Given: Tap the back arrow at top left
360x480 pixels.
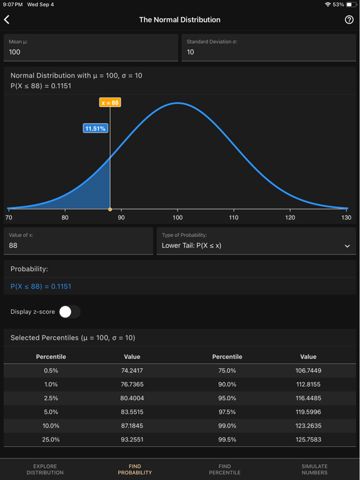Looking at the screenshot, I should click(x=7, y=20).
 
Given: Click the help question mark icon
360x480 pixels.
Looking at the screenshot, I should click(x=349, y=20).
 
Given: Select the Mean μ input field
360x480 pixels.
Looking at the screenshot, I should click(x=91, y=48).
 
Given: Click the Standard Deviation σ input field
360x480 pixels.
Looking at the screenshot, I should click(x=269, y=48).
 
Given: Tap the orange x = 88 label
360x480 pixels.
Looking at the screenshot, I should click(x=110, y=102).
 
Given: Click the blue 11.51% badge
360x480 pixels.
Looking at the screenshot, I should click(x=96, y=128).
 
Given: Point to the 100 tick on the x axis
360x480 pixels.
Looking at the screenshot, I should click(x=177, y=217).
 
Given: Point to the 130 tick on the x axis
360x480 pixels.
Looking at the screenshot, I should click(x=346, y=217).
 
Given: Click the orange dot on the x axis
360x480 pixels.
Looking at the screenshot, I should click(x=110, y=209).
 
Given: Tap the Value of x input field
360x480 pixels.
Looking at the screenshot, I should click(x=78, y=241).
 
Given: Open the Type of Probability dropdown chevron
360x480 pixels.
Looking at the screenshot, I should click(x=347, y=246).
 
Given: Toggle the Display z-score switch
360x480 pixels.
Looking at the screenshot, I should click(x=69, y=311).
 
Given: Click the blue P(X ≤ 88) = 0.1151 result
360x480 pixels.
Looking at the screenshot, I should click(x=41, y=286).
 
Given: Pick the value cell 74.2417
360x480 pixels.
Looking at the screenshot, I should click(x=132, y=371).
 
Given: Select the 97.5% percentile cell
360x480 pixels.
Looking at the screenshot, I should click(x=227, y=412).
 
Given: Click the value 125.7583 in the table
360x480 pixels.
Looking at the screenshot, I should click(x=308, y=439).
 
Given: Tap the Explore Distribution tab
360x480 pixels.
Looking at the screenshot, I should click(x=45, y=469).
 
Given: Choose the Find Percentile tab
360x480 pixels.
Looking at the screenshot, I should click(x=224, y=469).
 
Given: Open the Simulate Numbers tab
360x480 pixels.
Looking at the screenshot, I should click(x=314, y=469).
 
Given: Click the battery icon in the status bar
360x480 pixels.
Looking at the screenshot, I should click(x=351, y=4).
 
